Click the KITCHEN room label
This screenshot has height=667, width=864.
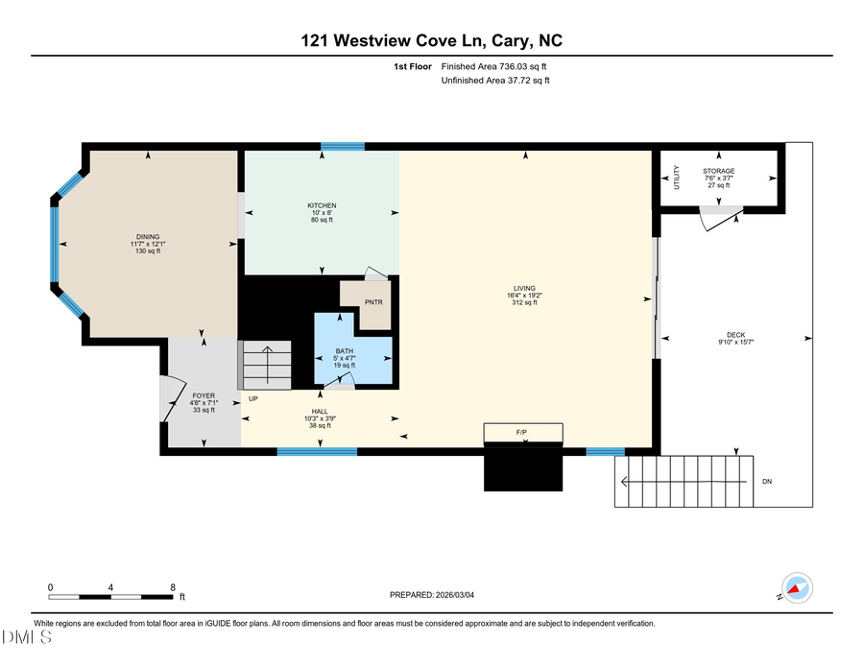(x=322, y=206)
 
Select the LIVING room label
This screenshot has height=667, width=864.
(x=523, y=289)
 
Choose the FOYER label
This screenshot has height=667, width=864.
(x=204, y=395)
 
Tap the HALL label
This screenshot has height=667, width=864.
(x=320, y=411)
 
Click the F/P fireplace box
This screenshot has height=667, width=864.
(x=521, y=433)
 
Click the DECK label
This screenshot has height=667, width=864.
(x=736, y=335)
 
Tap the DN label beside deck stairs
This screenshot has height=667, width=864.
(x=766, y=481)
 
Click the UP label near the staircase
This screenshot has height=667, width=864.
(x=252, y=397)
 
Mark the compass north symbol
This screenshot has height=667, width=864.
(x=797, y=586)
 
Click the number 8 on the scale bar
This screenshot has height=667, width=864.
(x=173, y=586)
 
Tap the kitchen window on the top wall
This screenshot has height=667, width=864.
(x=342, y=146)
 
